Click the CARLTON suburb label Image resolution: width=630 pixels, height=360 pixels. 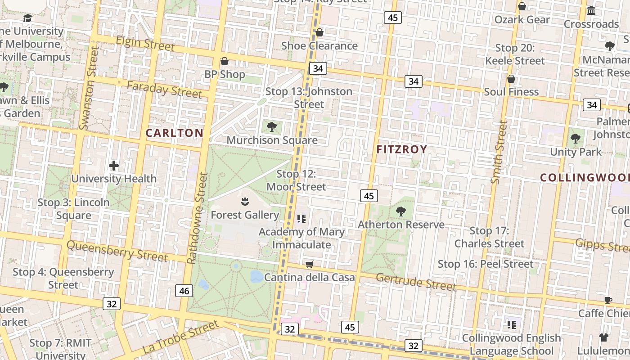(175, 133)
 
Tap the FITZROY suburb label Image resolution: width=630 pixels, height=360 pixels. (401, 149)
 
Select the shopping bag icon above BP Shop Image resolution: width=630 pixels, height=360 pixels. (225, 61)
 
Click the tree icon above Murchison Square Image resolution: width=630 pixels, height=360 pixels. (271, 127)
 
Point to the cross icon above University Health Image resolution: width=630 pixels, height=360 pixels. (114, 166)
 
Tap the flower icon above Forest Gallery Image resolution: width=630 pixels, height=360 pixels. (245, 202)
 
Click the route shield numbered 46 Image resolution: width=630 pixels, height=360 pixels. (184, 291)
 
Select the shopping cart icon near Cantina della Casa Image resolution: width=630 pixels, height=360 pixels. (309, 264)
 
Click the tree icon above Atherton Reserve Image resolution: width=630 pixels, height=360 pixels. (400, 211)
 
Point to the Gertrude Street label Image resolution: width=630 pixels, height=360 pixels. (416, 281)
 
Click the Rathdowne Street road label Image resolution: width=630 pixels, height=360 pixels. (198, 218)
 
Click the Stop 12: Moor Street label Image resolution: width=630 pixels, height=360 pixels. (296, 180)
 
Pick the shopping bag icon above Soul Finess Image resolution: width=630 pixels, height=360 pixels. (511, 79)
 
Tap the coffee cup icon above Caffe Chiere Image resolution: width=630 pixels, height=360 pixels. (608, 300)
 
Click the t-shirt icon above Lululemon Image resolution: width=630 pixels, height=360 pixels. (603, 337)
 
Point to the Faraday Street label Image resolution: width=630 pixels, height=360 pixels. (164, 90)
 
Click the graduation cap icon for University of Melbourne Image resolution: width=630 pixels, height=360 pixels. (27, 18)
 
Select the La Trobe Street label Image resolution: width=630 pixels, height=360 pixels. (180, 337)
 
